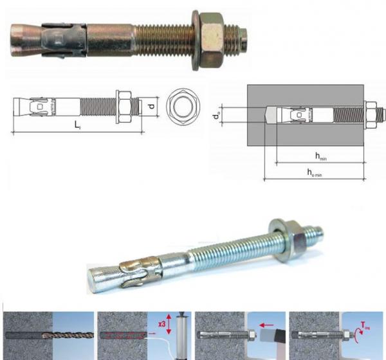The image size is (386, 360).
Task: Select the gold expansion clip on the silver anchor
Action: [138, 268]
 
